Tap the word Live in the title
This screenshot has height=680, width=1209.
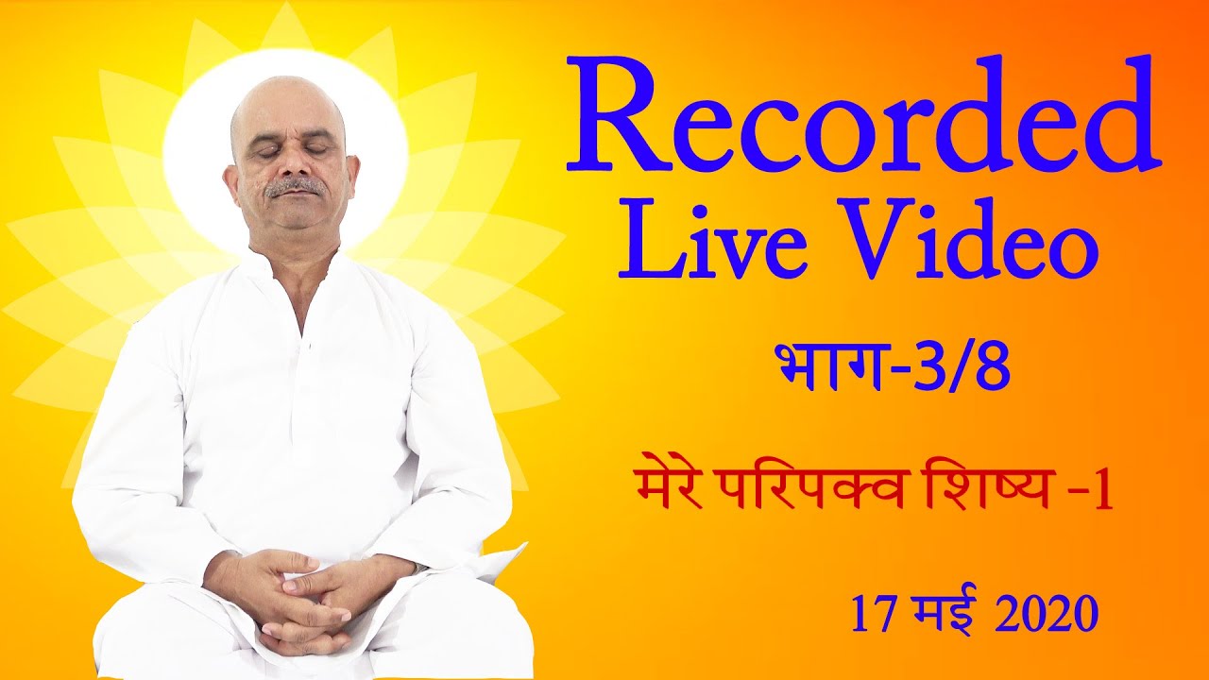pos(697,240)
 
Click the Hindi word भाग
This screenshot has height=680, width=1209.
pos(826,368)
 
